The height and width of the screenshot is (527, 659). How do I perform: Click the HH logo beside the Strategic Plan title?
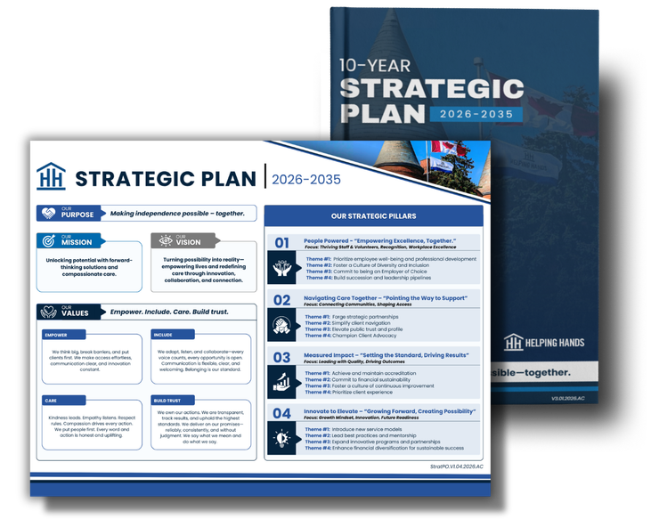tap(51, 177)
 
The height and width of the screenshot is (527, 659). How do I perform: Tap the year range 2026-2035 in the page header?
tap(306, 178)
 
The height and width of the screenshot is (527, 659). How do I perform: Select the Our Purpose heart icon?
tap(46, 214)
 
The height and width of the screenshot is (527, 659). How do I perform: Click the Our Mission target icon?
tap(46, 241)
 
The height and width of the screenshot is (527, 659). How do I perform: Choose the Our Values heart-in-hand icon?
tap(46, 312)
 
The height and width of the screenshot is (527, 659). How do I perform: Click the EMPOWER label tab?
tap(56, 335)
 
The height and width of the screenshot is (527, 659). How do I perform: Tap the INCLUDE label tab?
tap(163, 335)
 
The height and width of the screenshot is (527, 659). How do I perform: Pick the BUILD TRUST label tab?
tap(168, 401)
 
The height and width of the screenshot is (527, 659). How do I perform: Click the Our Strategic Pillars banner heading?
tap(373, 216)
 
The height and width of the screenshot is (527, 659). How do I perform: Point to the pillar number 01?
tap(281, 243)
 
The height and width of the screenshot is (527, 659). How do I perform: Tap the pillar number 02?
tap(281, 300)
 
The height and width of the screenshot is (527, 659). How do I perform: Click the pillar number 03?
tap(281, 357)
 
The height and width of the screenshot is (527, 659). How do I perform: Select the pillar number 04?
tap(281, 413)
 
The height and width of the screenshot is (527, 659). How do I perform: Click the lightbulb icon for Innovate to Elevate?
tap(282, 438)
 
